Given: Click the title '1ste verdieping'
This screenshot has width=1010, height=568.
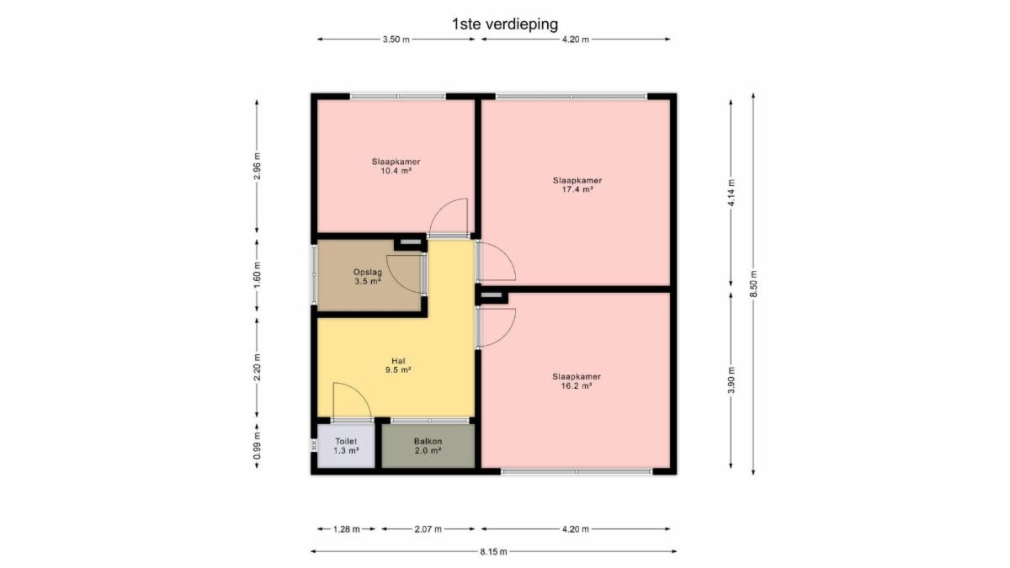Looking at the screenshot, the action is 505,24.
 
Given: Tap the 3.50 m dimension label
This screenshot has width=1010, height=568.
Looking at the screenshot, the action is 396,40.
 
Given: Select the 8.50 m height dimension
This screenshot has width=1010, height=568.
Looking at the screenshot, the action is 753,284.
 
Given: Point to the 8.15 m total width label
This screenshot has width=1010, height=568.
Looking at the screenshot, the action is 493,552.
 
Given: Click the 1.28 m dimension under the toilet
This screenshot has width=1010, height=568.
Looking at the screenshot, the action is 346,529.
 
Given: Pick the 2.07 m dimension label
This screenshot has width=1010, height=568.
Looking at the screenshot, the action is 428,529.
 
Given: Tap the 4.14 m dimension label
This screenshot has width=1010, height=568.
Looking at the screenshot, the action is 731,193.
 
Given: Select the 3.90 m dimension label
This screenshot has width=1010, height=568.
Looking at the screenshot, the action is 731,380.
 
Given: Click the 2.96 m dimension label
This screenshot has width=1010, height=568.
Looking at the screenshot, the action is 257,167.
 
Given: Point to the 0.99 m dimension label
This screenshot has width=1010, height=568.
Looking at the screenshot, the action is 257,446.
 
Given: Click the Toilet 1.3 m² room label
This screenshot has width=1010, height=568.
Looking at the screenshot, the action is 346,446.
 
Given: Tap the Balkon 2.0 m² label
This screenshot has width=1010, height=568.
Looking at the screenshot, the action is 428,446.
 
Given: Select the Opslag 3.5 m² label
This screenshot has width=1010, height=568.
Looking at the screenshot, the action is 368,277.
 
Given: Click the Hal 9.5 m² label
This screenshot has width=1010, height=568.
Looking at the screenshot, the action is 398,365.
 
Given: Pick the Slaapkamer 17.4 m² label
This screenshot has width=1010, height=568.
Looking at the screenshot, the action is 577,185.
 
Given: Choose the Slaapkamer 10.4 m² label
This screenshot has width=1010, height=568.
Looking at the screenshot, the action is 396,167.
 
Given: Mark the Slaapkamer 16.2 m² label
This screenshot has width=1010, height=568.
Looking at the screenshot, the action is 577,381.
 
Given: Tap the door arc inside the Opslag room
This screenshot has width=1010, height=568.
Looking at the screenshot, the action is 396,282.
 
